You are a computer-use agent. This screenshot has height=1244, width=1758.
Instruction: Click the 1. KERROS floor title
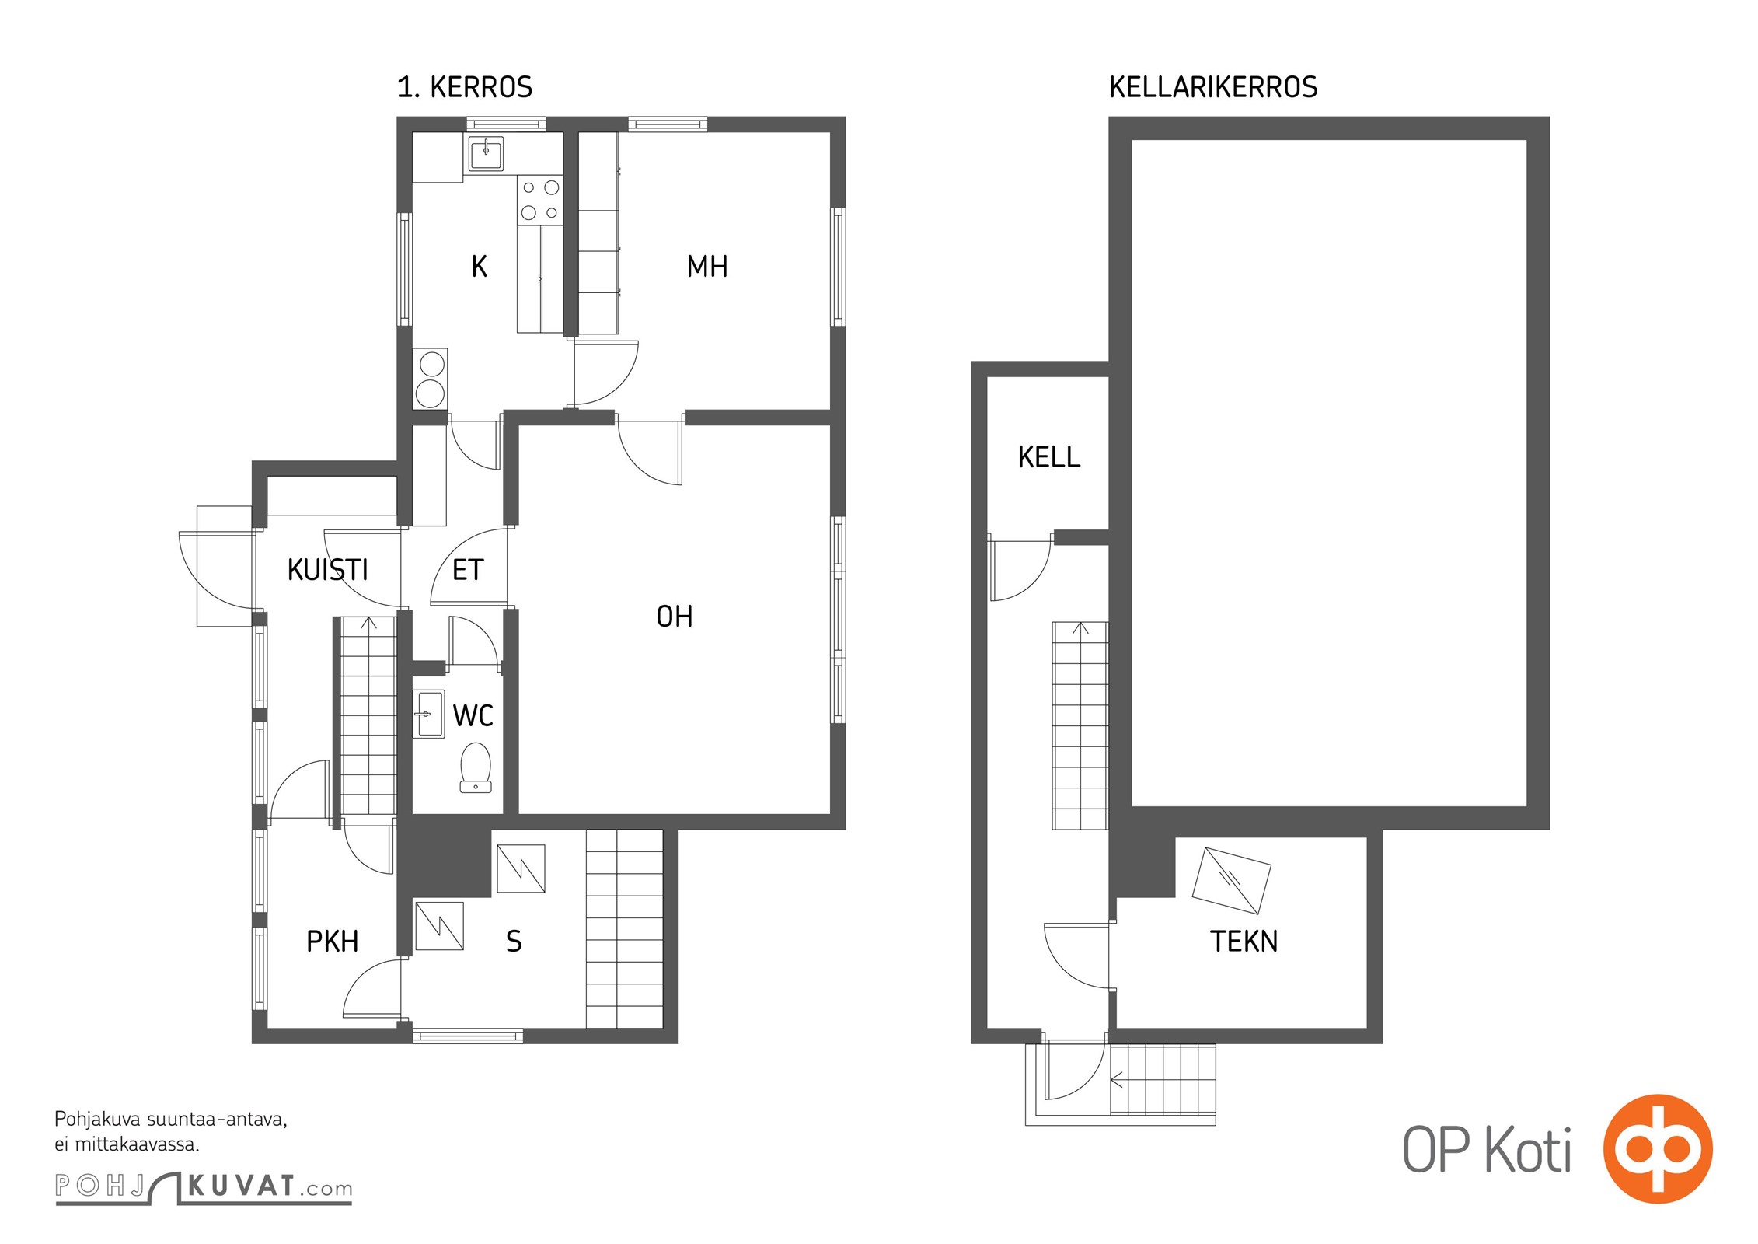[x=465, y=87]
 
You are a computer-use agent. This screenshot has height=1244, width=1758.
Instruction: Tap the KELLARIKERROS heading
[x=1213, y=87]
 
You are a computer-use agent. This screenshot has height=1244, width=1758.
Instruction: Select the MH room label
[x=707, y=267]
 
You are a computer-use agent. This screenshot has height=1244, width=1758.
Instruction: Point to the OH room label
[x=674, y=617]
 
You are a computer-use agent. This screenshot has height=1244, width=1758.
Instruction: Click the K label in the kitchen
[x=480, y=267]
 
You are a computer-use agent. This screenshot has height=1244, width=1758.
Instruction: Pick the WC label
[x=473, y=715]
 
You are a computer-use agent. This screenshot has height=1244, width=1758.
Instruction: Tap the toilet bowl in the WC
[x=476, y=767]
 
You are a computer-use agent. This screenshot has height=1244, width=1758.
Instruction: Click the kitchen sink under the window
[x=486, y=153]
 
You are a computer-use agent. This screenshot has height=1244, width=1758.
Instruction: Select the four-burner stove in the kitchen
[x=540, y=200]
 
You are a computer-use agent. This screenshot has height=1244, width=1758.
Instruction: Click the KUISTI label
[x=328, y=570]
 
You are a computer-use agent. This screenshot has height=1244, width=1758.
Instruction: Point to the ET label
[x=468, y=570]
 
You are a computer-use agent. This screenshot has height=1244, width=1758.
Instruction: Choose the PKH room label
[x=333, y=942]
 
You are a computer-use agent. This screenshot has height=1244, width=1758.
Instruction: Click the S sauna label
[x=514, y=942]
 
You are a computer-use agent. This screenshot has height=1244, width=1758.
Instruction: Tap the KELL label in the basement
[x=1049, y=457]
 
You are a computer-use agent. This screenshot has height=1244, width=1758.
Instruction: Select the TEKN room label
[x=1244, y=942]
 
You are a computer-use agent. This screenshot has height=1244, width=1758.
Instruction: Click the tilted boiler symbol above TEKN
[x=1231, y=880]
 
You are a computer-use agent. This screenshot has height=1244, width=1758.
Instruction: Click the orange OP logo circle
[x=1658, y=1148]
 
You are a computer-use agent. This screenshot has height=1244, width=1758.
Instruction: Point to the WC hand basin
[x=428, y=714]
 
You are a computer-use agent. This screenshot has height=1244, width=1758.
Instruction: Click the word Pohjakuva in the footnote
[x=98, y=1120]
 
